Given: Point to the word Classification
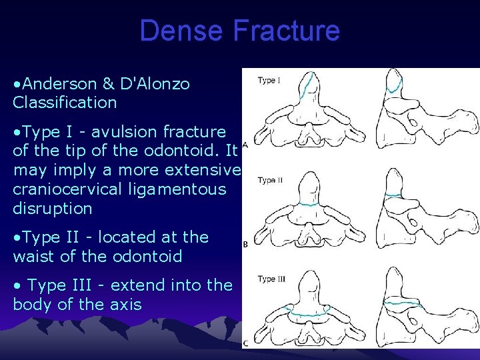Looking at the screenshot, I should click(65, 103).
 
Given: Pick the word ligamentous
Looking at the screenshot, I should click(185, 189).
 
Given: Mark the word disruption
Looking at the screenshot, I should click(52, 208).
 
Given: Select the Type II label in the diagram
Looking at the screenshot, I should click(270, 180).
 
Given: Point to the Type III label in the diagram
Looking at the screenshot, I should click(271, 279).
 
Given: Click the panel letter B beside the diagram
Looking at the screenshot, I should click(245, 245).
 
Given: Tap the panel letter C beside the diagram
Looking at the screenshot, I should click(245, 343).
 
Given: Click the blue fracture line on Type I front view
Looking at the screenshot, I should click(307, 85).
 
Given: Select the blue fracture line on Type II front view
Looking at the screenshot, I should click(307, 205).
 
